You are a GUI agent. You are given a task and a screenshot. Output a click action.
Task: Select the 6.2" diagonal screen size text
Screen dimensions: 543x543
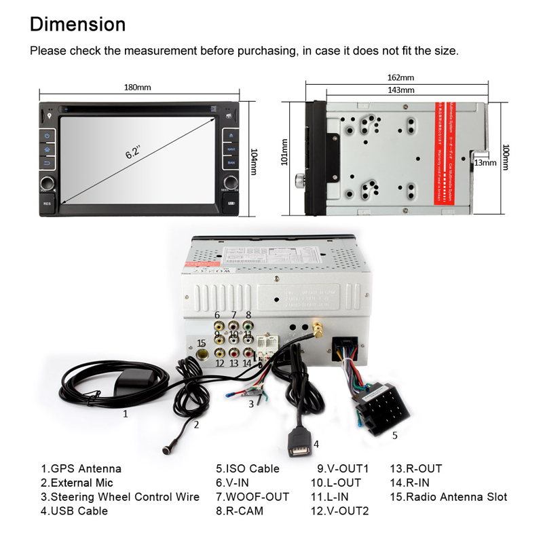click(x=132, y=152)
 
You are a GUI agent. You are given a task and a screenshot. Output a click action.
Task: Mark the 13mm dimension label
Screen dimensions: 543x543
click(x=485, y=163)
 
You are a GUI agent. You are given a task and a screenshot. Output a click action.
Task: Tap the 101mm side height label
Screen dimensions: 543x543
click(x=284, y=153)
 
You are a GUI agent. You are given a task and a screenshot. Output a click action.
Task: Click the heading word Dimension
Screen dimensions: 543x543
click(x=78, y=24)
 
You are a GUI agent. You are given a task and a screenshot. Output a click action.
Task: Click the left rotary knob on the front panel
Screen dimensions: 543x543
click(x=48, y=183)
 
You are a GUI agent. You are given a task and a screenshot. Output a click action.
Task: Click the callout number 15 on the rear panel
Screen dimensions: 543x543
click(x=201, y=342)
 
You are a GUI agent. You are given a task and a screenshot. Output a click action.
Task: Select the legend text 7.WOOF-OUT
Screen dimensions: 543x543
click(x=252, y=497)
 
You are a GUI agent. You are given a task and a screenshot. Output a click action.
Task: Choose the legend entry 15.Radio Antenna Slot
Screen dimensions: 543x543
click(x=448, y=497)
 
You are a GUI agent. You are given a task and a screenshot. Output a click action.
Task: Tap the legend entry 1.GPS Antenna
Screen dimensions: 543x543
click(x=81, y=468)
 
